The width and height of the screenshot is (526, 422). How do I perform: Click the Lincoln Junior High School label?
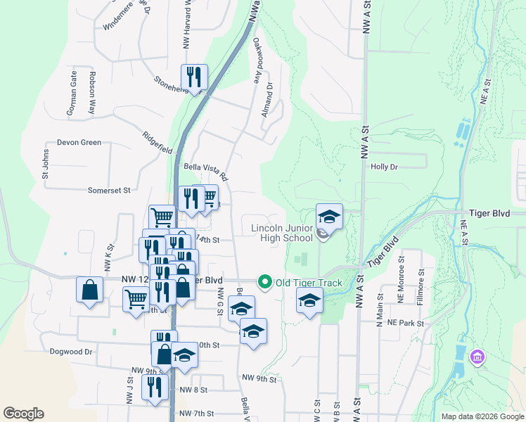click(x=282, y=233)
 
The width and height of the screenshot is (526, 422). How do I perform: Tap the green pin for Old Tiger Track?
click(x=265, y=283)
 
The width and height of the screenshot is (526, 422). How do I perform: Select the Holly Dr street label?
click(x=384, y=167)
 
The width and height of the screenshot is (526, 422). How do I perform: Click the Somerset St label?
click(x=109, y=190)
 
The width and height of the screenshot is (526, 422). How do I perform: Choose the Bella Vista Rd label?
click(x=205, y=171)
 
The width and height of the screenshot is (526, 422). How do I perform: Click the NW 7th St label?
click(x=196, y=413)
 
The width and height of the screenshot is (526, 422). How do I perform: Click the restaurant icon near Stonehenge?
click(x=193, y=75)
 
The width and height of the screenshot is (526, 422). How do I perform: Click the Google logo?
click(x=23, y=414)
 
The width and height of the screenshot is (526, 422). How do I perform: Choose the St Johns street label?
click(x=45, y=163)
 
